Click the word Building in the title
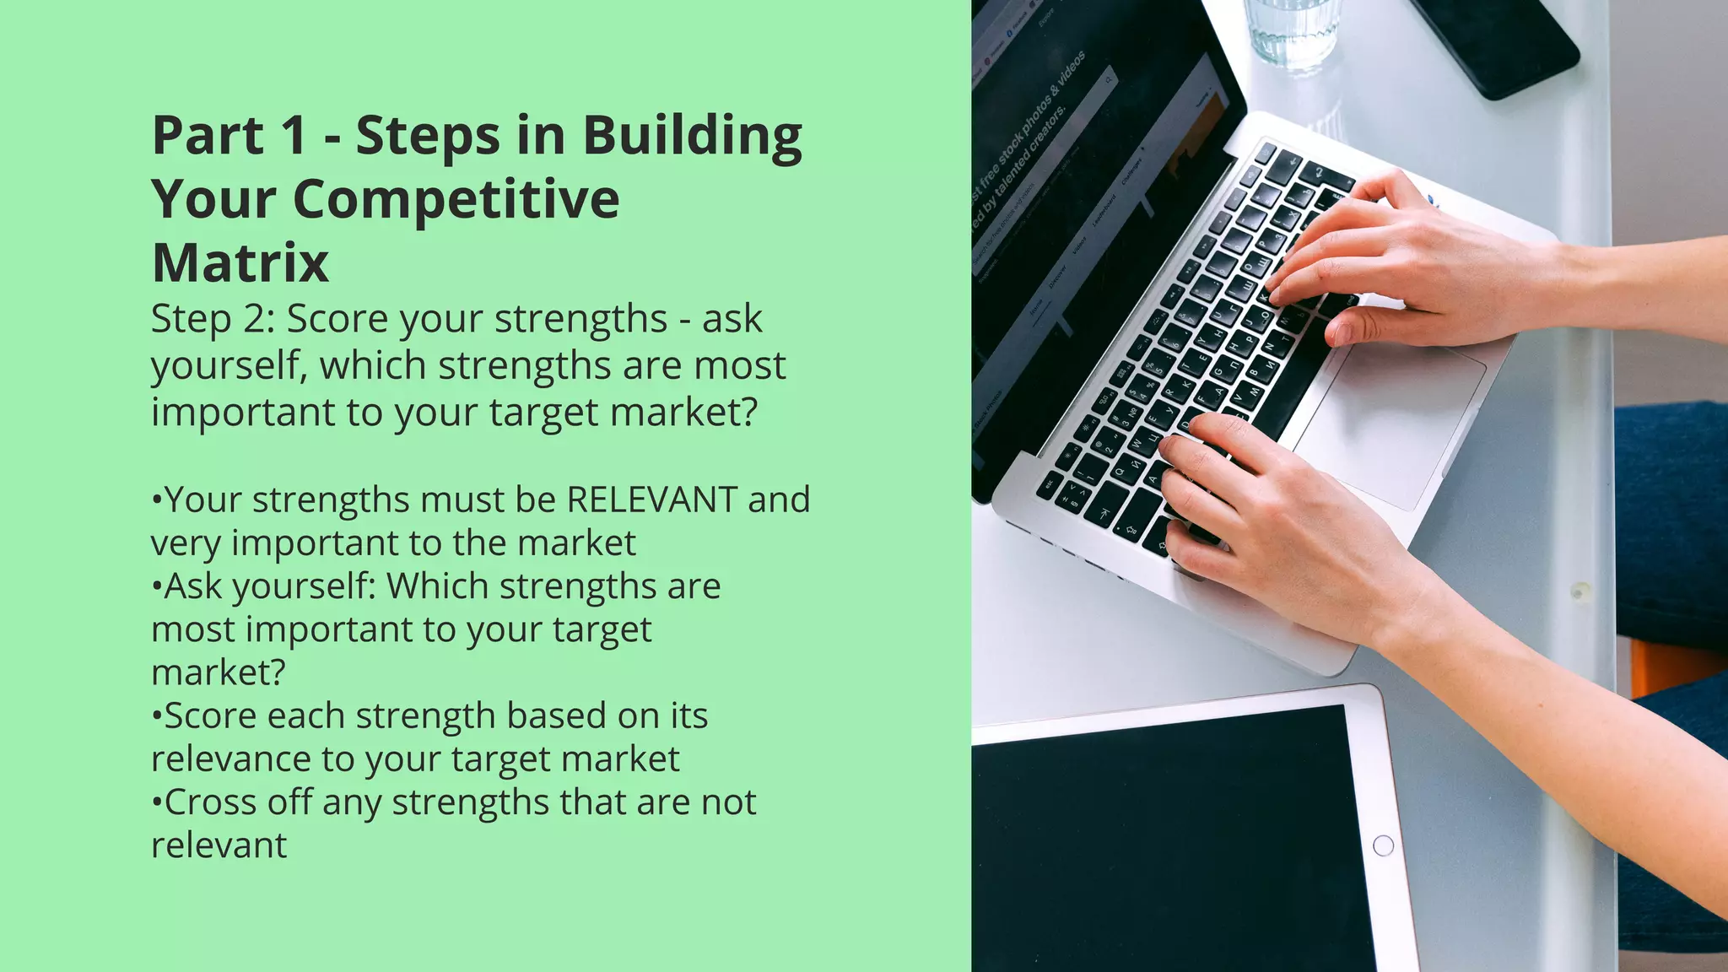tap(692, 137)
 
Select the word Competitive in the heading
tap(456, 200)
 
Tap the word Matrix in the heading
tap(240, 263)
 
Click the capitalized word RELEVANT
tap(651, 499)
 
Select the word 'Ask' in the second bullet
tap(193, 586)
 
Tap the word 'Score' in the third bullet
tap(211, 716)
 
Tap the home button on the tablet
tap(1383, 845)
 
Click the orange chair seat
tap(1675, 667)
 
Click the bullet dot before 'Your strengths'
tap(156, 500)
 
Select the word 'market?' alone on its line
tap(219, 673)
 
